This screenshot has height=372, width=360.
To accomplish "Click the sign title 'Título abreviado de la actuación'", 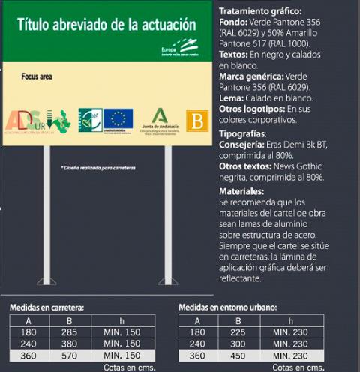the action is pos(106,24).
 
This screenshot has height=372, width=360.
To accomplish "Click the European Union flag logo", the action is pos(118,118).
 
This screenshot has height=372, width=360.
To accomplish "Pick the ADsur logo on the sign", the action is pos(36,121).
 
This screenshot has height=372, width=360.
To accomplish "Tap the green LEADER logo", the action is pos(90,119).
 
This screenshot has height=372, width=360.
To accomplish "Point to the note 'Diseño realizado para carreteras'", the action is pos(97,167).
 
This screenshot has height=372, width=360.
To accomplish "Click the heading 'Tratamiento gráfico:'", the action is pos(258,12).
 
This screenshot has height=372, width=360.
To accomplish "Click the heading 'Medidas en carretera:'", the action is pos(46,307).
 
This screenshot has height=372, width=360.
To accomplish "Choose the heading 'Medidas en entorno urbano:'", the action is pos(226,307).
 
